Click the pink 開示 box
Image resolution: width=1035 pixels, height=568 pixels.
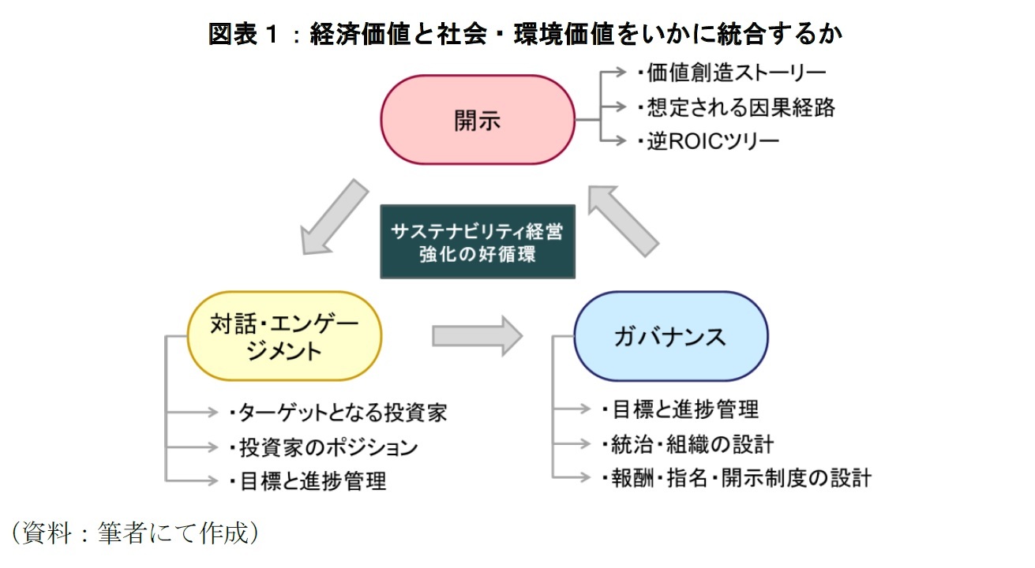pos(478,120)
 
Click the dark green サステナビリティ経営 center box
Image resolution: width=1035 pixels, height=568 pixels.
pos(478,242)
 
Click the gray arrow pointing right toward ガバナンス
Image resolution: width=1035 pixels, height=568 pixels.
pos(477,336)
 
